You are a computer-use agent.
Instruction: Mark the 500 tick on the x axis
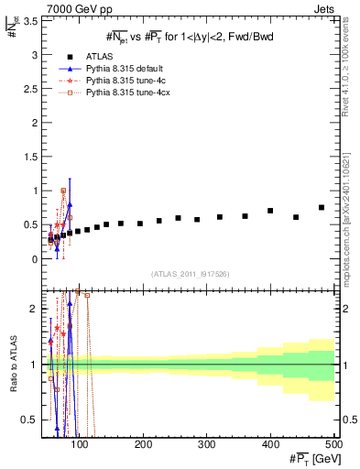tap(333, 444)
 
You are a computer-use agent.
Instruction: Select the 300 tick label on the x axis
tap(207, 444)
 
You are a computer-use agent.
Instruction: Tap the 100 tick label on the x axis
tap(81, 444)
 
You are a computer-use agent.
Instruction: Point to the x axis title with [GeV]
tap(311, 458)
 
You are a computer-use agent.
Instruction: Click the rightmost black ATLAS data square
tap(322, 208)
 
